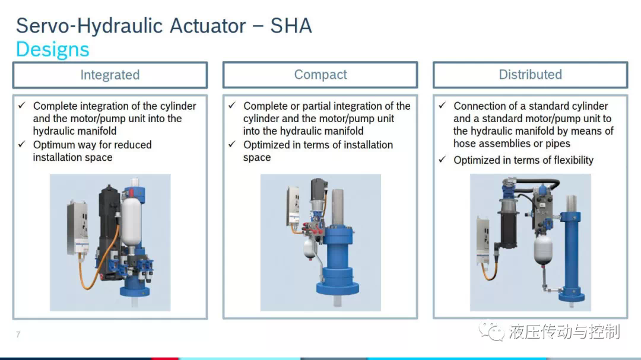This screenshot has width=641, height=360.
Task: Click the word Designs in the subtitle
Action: coord(52,49)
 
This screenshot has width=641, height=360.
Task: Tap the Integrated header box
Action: coord(110,75)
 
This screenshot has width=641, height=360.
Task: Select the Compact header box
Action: coord(320,75)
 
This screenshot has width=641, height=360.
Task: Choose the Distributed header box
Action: coord(530,75)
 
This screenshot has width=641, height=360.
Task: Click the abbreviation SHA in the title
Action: coord(291,26)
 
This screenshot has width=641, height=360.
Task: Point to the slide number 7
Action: coord(18,334)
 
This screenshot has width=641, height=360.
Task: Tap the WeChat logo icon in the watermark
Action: coord(491,331)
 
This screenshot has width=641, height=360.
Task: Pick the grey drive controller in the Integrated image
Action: coord(78,228)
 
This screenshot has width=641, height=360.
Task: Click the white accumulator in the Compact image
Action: coord(310,249)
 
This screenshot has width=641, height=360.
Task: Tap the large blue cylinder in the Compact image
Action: coord(338,262)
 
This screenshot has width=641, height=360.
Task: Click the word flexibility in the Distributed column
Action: coord(573,160)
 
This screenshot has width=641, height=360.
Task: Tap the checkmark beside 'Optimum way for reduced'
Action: coord(22,144)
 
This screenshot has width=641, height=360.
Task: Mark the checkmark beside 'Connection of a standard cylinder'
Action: coord(442,106)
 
